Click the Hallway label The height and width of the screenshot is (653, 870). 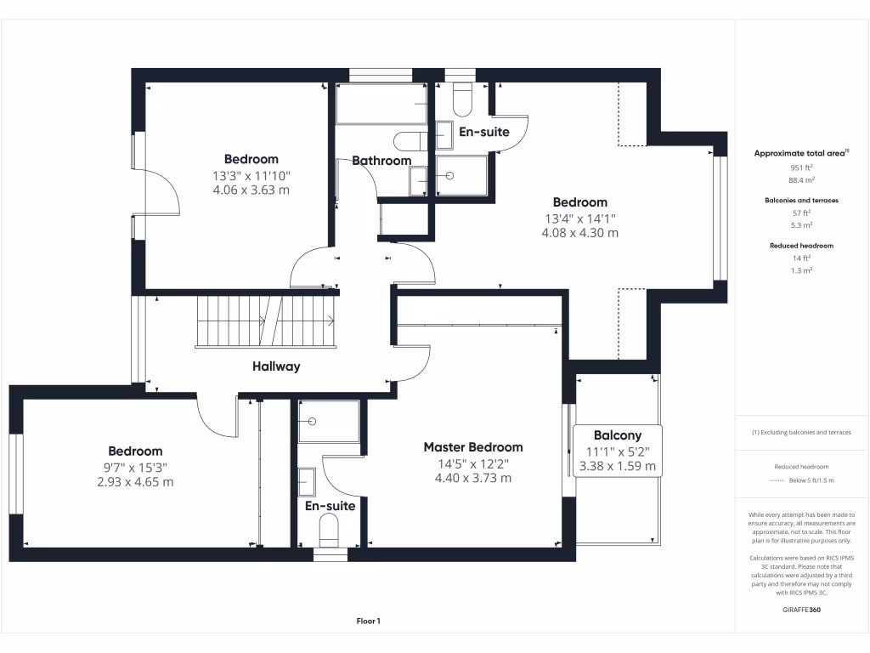tap(276, 366)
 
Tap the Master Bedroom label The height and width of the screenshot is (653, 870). tap(473, 447)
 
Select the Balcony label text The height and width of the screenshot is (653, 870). tap(617, 435)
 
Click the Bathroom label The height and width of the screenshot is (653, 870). tap(381, 161)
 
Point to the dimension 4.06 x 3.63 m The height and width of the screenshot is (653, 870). tap(251, 190)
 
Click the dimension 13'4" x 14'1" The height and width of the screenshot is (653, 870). tap(580, 218)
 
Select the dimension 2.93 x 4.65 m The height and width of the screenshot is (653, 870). tap(135, 482)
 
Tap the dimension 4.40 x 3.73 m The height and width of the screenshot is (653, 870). tap(473, 478)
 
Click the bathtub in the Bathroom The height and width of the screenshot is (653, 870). tap(381, 104)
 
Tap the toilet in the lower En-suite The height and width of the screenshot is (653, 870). tap(330, 533)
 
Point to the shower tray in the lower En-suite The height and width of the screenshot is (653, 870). tap(329, 421)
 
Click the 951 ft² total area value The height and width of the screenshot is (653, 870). tap(802, 168)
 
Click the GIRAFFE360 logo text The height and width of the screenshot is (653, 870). tap(802, 610)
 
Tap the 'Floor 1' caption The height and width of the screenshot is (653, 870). tap(368, 622)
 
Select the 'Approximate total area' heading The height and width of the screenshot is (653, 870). tap(800, 153)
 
